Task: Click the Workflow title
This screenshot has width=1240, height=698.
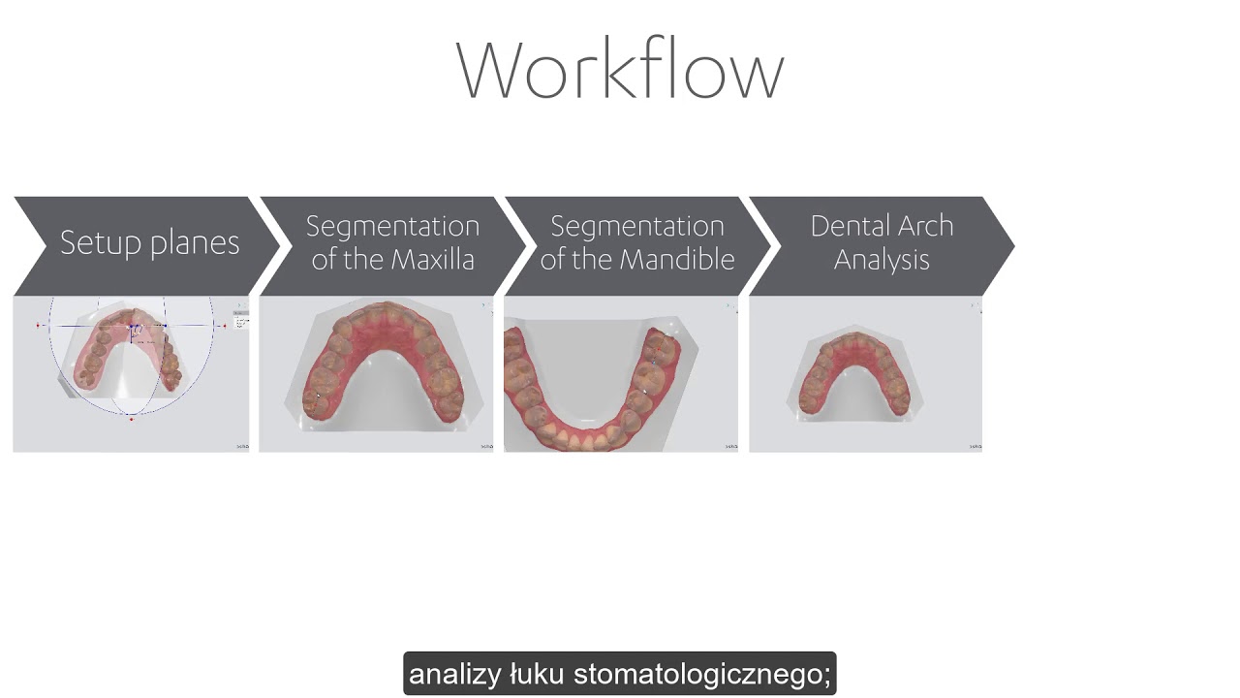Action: [x=619, y=70]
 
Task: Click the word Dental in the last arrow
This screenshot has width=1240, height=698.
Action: [x=842, y=226]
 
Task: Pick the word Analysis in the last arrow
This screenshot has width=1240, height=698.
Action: [x=882, y=260]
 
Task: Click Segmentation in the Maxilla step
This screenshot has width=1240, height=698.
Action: [x=392, y=227]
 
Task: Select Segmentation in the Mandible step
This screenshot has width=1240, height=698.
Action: [x=637, y=227]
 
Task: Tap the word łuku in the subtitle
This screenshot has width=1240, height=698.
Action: [x=538, y=674]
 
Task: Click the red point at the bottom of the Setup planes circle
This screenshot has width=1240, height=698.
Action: [x=131, y=419]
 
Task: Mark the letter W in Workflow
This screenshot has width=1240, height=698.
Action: [x=492, y=70]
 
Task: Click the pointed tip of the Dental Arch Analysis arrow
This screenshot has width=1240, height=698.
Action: [x=1013, y=246]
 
